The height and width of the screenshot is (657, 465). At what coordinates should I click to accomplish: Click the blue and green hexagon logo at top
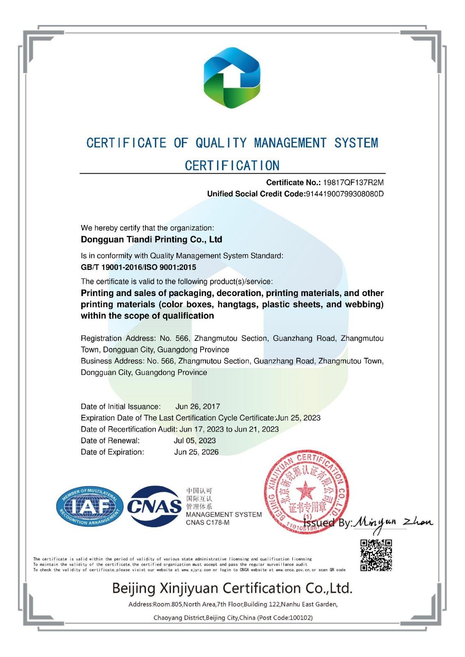(232, 78)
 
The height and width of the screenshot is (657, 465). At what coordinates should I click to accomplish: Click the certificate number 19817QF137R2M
(353, 182)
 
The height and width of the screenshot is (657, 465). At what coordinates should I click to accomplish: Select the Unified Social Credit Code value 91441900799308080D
(345, 194)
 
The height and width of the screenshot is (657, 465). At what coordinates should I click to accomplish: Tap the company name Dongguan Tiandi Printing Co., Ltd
(151, 239)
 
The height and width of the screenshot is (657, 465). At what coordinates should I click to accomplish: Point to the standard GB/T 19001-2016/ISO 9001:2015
(139, 267)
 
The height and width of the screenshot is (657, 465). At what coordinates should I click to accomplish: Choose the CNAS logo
(154, 506)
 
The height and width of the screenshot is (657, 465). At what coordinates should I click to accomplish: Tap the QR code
(376, 555)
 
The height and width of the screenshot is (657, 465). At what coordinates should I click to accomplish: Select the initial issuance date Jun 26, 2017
(198, 407)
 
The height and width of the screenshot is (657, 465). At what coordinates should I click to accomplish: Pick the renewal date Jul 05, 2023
(194, 441)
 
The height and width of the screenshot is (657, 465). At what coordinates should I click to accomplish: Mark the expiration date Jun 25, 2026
(196, 452)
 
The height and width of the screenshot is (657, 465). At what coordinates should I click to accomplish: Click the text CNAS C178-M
(208, 523)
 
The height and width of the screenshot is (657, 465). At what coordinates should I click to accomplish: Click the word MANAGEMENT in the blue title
(290, 143)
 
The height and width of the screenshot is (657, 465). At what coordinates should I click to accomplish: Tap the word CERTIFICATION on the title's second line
(232, 165)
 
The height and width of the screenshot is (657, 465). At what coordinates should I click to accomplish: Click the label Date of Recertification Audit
(129, 429)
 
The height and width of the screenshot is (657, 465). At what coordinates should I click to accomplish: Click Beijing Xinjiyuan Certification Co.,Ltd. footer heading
(232, 588)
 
